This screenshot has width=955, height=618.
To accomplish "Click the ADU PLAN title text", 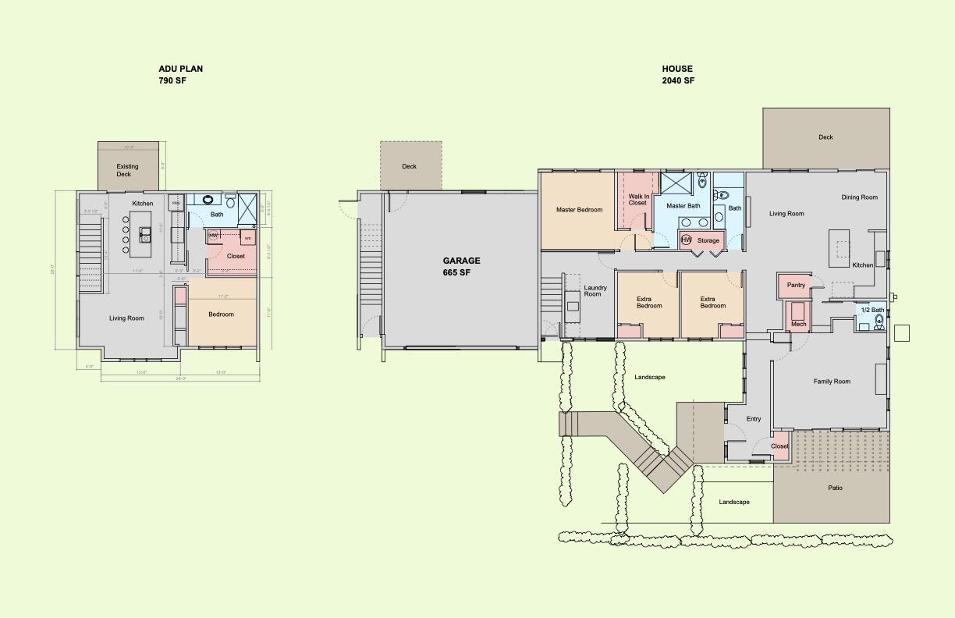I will tap(180, 69).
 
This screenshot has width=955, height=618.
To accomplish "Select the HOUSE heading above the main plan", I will tap(677, 69).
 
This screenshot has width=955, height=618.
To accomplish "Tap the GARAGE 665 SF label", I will tap(462, 266).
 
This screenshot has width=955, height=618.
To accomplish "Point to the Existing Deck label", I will tap(127, 170).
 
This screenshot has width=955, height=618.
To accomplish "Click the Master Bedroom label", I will tap(579, 210).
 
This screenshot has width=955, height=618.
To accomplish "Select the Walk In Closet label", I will tap(637, 200).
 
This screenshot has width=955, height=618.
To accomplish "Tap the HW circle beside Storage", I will tap(687, 240).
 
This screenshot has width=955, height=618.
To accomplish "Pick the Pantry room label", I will tap(796, 285).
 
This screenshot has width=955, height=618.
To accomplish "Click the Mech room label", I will tap(798, 324).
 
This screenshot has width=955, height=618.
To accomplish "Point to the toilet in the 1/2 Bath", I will tap(879, 321).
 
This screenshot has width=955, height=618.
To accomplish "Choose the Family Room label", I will tap(832, 382).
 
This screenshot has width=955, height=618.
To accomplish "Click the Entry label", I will tap(753, 419).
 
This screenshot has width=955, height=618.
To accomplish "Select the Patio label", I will tap(835, 488).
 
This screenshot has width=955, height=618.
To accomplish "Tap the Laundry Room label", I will tap(592, 290).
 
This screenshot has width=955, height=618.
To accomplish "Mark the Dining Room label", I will tap(859, 197).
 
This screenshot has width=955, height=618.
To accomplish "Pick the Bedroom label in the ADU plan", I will tap(221, 314).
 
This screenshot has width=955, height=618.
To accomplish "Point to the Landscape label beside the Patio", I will tap(733, 502).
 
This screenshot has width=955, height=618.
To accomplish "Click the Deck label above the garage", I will tap(410, 166).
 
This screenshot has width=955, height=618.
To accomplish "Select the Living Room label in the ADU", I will tap(126, 318).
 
